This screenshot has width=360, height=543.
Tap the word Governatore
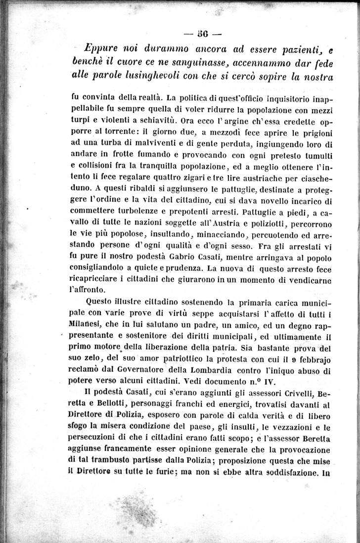click(141, 370)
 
